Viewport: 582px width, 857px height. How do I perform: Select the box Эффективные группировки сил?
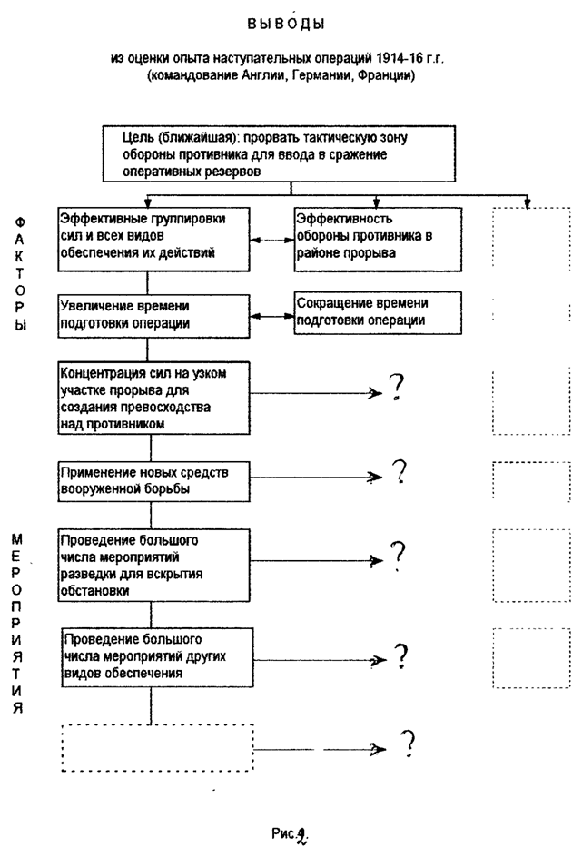(x=153, y=235)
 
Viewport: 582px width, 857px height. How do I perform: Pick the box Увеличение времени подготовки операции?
(x=153, y=314)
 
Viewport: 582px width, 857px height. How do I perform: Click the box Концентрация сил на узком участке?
(x=153, y=398)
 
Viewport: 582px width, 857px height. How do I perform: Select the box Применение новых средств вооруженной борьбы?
(x=153, y=480)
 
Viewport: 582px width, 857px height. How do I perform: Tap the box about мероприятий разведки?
(x=153, y=564)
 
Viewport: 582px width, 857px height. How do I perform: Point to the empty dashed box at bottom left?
(x=157, y=747)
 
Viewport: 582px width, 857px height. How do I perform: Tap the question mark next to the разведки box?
(x=397, y=554)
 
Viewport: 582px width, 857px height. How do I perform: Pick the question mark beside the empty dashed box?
(x=409, y=744)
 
